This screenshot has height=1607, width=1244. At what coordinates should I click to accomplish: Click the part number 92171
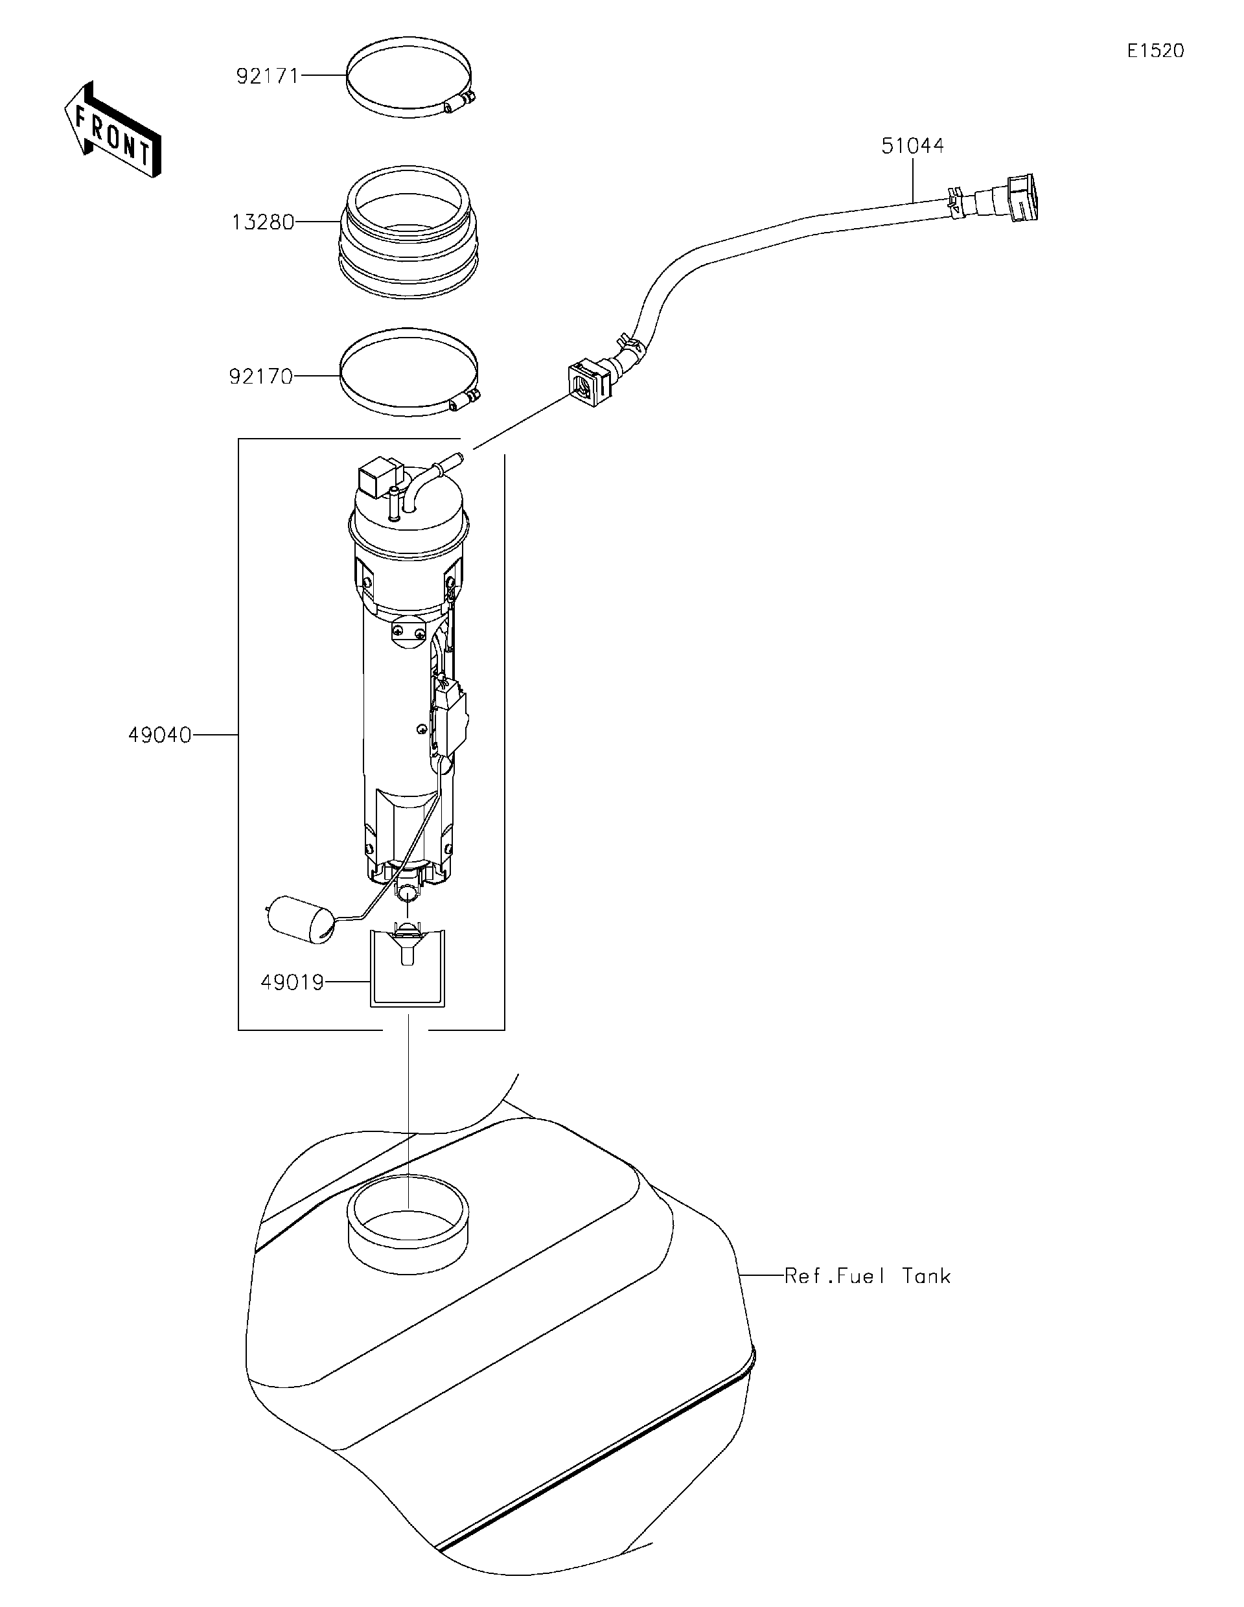[267, 76]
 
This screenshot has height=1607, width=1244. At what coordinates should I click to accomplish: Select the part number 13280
[262, 222]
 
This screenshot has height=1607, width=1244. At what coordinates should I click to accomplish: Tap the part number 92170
[260, 376]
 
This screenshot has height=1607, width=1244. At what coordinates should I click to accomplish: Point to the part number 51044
[912, 146]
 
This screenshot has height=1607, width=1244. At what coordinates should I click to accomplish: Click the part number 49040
[159, 735]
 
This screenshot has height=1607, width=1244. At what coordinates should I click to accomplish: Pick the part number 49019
[292, 982]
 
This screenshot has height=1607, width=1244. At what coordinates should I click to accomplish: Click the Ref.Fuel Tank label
[868, 1276]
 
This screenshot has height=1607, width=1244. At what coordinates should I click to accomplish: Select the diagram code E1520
[1156, 51]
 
